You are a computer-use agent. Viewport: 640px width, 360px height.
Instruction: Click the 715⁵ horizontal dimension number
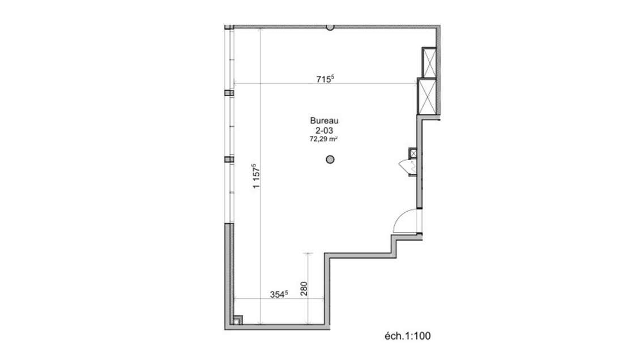pyautogui.click(x=325, y=79)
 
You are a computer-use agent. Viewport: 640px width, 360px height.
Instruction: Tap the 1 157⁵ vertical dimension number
pyautogui.click(x=256, y=175)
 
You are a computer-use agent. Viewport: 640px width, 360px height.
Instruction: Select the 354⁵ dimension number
pyautogui.click(x=279, y=294)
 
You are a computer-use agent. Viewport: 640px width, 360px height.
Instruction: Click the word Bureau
pyautogui.click(x=324, y=120)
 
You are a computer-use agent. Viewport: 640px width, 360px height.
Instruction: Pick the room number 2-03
pyautogui.click(x=324, y=129)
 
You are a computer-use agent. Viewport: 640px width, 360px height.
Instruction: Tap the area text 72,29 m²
pyautogui.click(x=324, y=138)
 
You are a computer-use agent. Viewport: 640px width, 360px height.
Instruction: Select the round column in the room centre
pyautogui.click(x=330, y=160)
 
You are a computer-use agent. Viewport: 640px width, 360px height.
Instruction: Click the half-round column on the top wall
pyautogui.click(x=330, y=27)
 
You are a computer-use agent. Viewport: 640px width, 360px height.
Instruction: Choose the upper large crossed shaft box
pyautogui.click(x=429, y=62)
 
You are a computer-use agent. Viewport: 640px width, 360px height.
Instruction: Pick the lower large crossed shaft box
pyautogui.click(x=426, y=96)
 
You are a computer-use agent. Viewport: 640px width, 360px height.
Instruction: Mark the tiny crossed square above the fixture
pyautogui.click(x=413, y=153)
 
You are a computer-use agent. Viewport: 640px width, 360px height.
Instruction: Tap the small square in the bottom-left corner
pyautogui.click(x=237, y=319)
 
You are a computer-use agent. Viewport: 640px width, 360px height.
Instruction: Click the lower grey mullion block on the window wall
pyautogui.click(x=229, y=160)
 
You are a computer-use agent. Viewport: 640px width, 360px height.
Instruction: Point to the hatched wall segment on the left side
pyautogui.click(x=229, y=272)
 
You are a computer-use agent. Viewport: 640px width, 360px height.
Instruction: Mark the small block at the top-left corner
pyautogui.click(x=229, y=27)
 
